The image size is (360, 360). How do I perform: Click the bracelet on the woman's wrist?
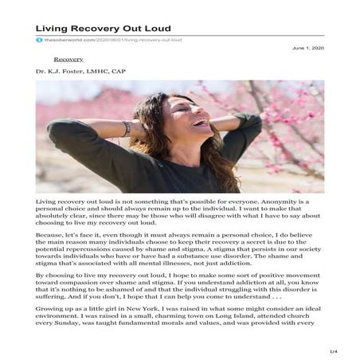[x=127, y=128]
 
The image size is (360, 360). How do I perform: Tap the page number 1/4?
[x=334, y=351]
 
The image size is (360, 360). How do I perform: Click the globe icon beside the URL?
[x=38, y=39]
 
